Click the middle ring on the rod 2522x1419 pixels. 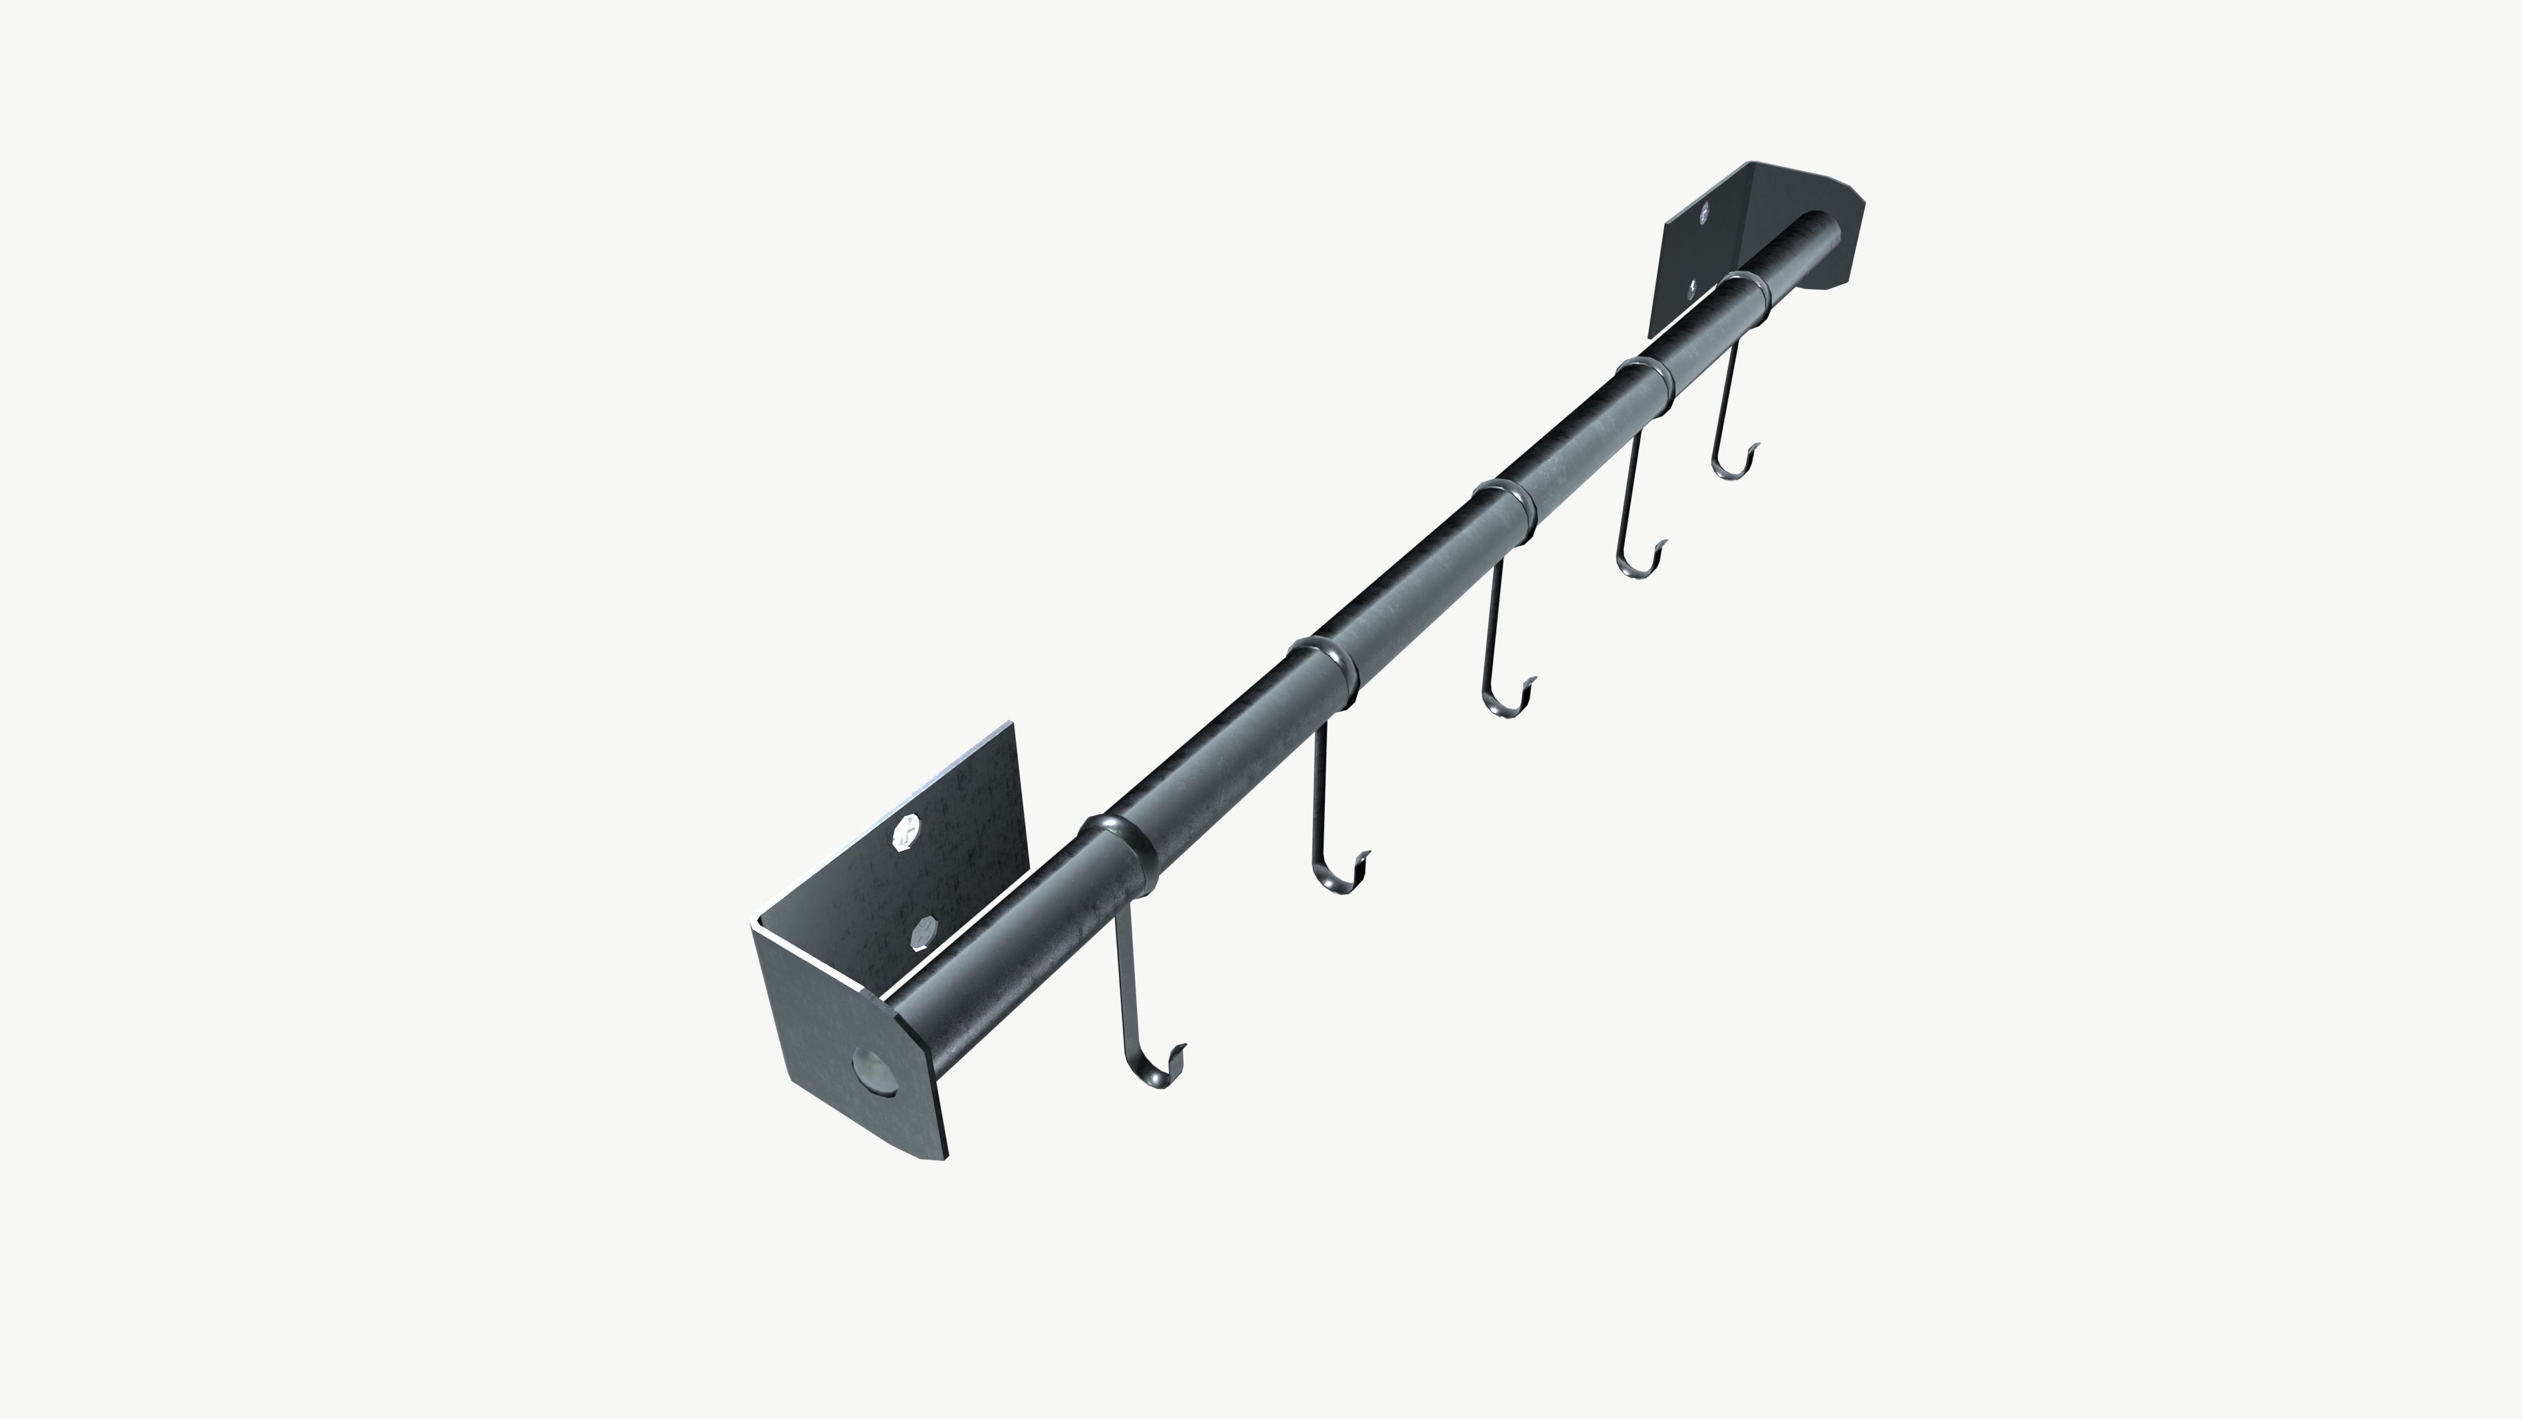click(x=1509, y=507)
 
